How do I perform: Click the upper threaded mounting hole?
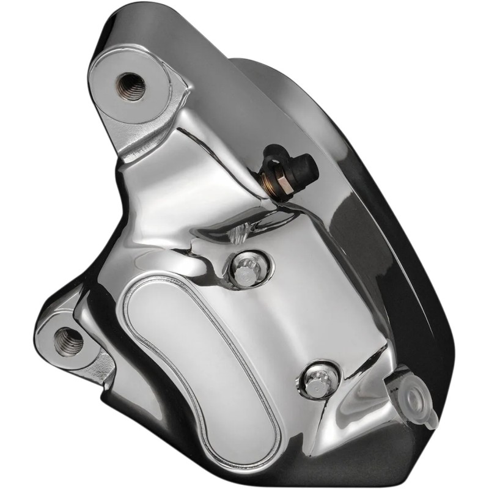click(131, 85)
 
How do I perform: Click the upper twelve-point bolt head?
click(241, 270)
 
